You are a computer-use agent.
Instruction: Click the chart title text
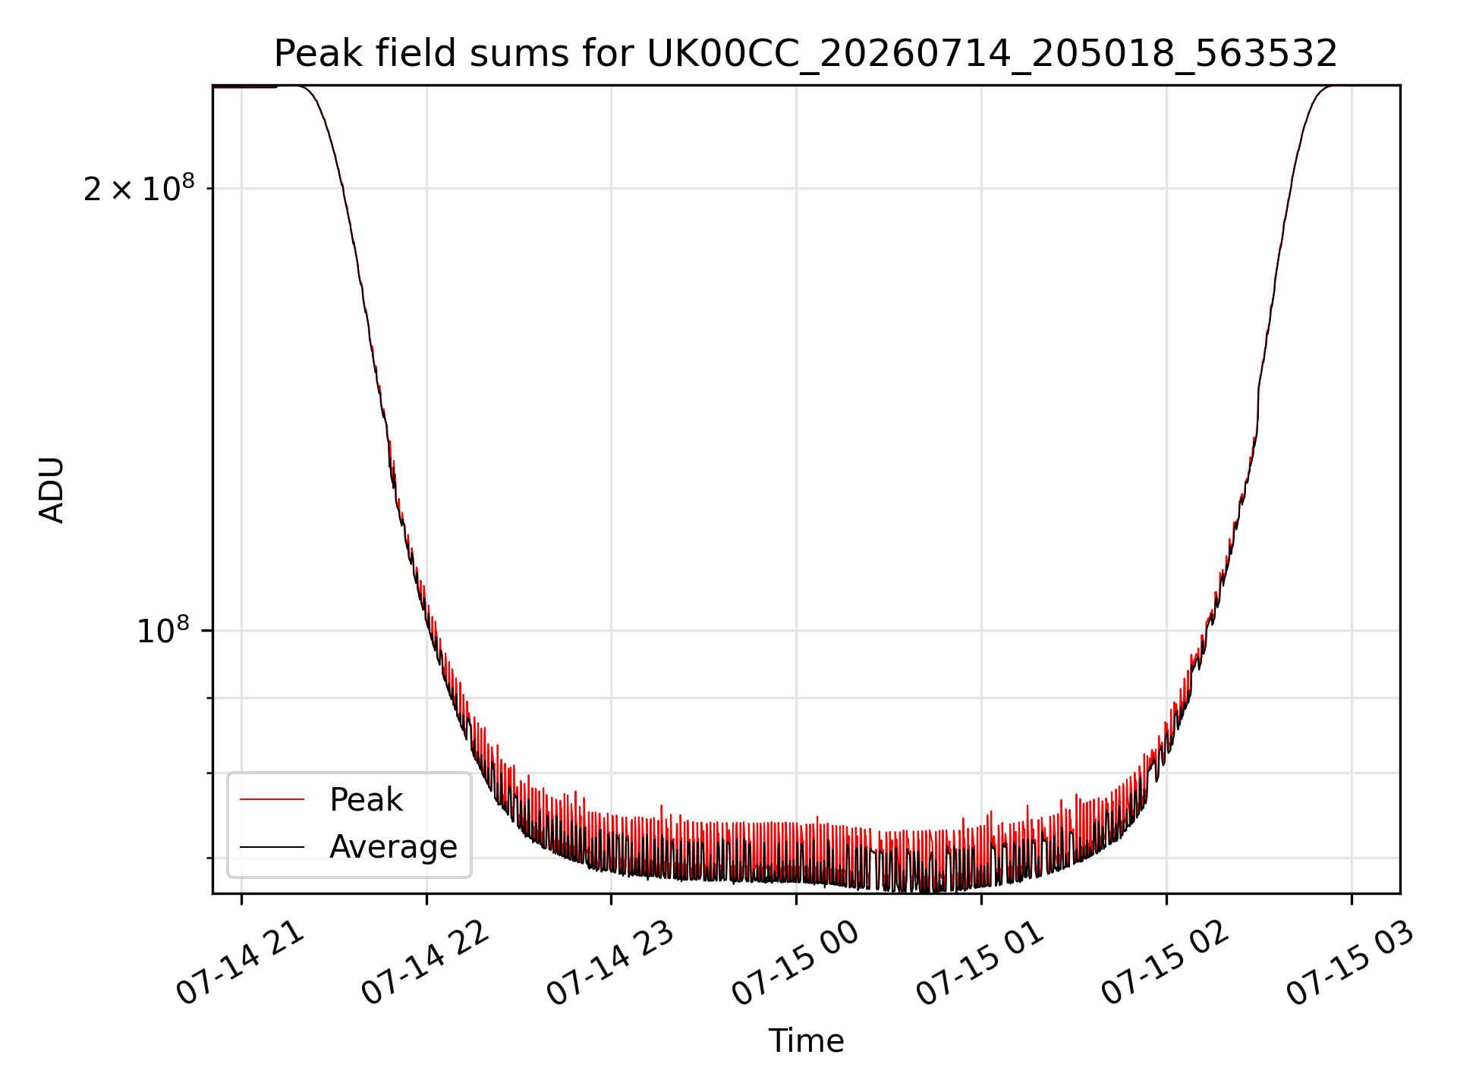[x=805, y=54]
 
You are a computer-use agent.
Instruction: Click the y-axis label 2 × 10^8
[x=139, y=188]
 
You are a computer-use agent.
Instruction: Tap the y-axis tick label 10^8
[x=162, y=630]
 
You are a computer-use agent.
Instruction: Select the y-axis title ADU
[x=52, y=490]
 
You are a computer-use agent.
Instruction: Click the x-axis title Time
[x=806, y=1041]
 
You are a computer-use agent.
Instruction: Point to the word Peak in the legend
[x=366, y=800]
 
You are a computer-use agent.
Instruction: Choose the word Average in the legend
[x=393, y=847]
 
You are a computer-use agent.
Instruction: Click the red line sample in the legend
[x=272, y=799]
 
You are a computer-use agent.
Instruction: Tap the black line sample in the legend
[x=272, y=846]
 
